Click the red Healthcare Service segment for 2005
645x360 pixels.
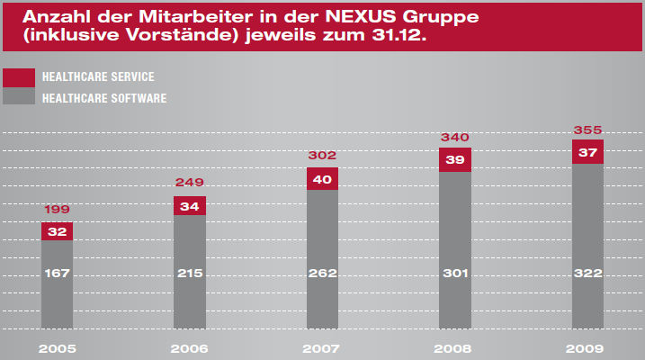57,231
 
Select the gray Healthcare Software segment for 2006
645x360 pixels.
190,272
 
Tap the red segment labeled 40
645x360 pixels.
322,178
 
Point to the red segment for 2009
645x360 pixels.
587,152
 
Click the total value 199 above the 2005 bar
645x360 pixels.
57,210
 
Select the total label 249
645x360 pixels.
190,184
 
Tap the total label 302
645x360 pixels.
322,156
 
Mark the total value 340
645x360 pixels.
455,137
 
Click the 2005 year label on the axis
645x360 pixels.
57,348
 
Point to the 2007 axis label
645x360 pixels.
322,348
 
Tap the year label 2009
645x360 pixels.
587,348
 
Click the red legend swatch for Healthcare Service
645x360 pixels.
19,77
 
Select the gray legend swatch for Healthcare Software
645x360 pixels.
19,96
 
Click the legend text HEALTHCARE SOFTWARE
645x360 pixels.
104,97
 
